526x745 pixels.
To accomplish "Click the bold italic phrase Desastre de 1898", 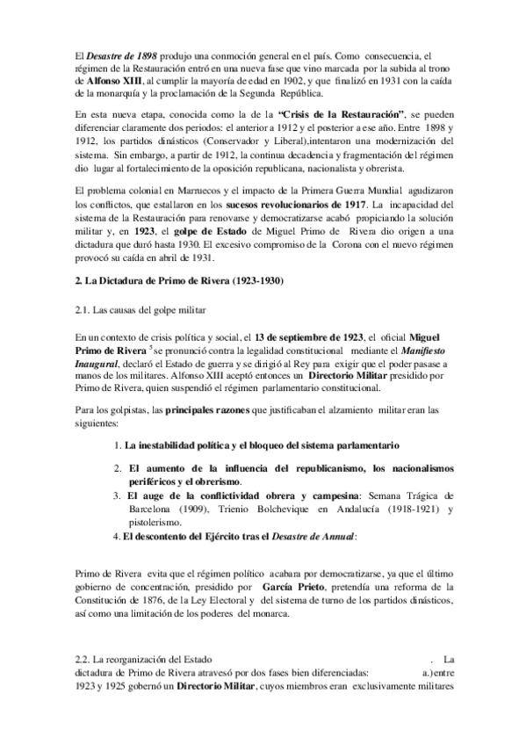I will pyautogui.click(x=120, y=54).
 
